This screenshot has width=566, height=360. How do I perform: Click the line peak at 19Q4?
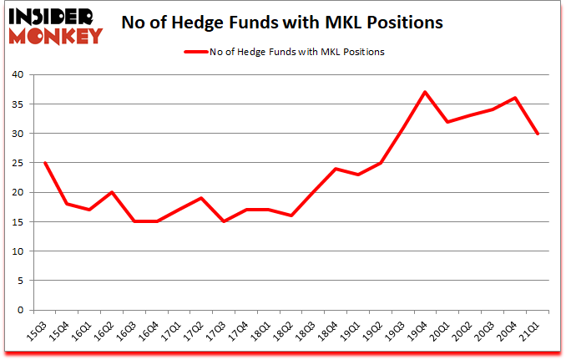pyautogui.click(x=425, y=92)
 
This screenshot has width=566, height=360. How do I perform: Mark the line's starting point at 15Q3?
pyautogui.click(x=44, y=163)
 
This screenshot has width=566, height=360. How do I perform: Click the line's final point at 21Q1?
pyautogui.click(x=537, y=134)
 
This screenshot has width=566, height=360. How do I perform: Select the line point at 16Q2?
pyautogui.click(x=112, y=192)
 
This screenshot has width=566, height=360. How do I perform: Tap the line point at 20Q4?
pyautogui.click(x=514, y=98)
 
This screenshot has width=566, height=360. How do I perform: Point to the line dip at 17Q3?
pyautogui.click(x=224, y=221)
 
